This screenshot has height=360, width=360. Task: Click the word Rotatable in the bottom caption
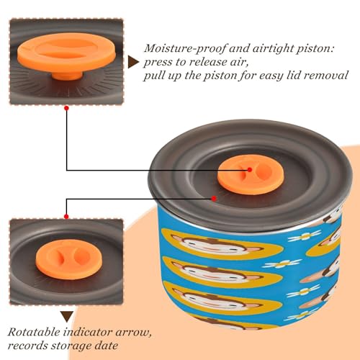click(34, 333)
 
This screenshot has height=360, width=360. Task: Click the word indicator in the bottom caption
click(88, 333)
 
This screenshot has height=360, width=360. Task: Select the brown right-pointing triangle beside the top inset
click(133, 63)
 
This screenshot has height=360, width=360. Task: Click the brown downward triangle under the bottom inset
click(67, 317)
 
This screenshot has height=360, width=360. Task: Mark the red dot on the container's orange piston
click(250, 170)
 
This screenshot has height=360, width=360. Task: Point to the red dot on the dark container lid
click(214, 199)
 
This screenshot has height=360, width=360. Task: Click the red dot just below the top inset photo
click(67, 108)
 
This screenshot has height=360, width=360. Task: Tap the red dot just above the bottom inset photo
click(66, 217)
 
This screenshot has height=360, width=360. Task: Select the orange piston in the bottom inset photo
click(69, 259)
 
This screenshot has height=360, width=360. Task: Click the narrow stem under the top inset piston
click(67, 75)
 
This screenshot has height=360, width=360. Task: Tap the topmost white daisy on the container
click(305, 235)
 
